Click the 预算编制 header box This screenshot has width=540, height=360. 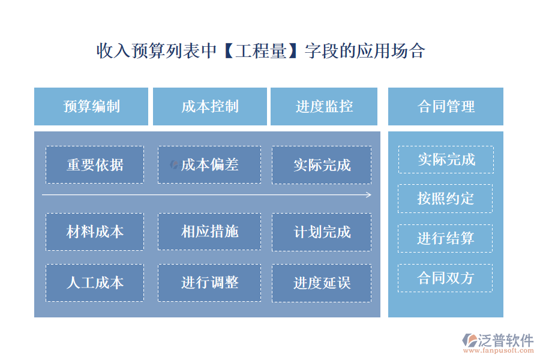(91, 107)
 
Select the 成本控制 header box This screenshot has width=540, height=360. (209, 107)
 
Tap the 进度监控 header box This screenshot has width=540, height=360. (324, 107)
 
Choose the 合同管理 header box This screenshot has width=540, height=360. (445, 107)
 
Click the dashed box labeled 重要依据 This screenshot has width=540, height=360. (95, 164)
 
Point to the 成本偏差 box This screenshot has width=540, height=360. (209, 164)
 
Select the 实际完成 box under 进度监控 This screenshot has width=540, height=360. (322, 164)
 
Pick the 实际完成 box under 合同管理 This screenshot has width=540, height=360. (446, 160)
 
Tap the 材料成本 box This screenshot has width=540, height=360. (95, 232)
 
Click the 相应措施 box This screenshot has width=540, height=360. (209, 232)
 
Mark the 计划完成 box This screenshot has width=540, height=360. (322, 232)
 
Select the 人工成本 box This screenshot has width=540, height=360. (95, 283)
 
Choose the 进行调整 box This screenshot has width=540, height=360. (209, 283)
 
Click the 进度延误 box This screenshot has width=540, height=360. (322, 283)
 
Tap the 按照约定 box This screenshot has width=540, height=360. (445, 198)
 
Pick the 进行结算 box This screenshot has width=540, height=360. (445, 238)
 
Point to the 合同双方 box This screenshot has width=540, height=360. (445, 278)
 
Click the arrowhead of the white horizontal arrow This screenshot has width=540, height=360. (368, 194)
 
